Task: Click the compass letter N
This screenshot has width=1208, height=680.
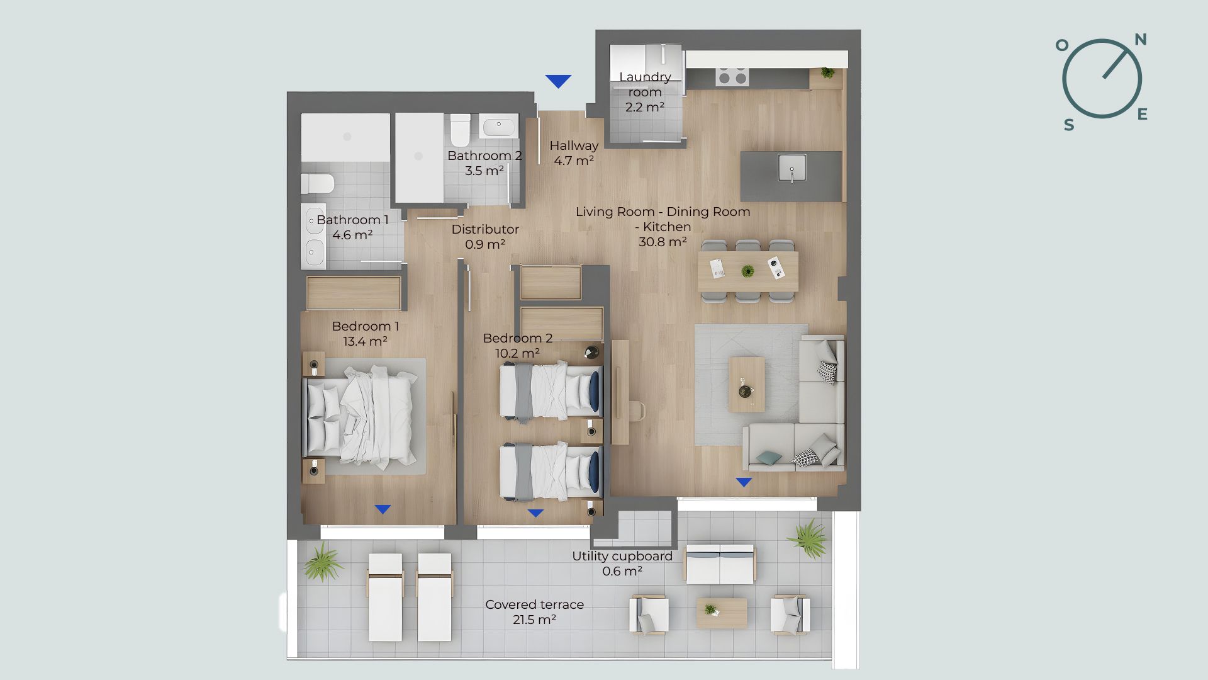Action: pyautogui.click(x=1141, y=40)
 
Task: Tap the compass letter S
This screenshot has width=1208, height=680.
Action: pyautogui.click(x=1069, y=125)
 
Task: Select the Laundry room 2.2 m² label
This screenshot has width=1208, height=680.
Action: pyautogui.click(x=645, y=92)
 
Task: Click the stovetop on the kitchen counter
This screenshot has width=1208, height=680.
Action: pyautogui.click(x=732, y=76)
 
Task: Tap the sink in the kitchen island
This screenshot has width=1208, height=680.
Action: pyautogui.click(x=791, y=168)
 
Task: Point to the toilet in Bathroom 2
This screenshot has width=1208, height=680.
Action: pyautogui.click(x=460, y=129)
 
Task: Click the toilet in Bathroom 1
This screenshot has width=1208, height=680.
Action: pyautogui.click(x=317, y=184)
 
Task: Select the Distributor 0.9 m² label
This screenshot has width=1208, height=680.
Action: pyautogui.click(x=485, y=237)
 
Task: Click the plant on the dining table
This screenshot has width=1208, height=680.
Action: pyautogui.click(x=747, y=271)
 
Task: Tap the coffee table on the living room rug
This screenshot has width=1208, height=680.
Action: pyautogui.click(x=747, y=385)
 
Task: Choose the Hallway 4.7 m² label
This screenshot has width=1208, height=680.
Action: pyautogui.click(x=574, y=153)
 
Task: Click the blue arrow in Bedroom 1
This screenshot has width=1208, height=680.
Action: pyautogui.click(x=383, y=509)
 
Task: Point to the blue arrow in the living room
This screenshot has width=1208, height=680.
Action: pyautogui.click(x=744, y=483)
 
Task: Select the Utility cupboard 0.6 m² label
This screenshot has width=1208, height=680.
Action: pyautogui.click(x=622, y=564)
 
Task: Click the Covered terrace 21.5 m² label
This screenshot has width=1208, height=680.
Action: pyautogui.click(x=535, y=612)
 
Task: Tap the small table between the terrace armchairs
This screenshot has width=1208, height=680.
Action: pyautogui.click(x=722, y=613)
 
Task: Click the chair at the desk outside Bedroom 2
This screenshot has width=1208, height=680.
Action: pyautogui.click(x=637, y=411)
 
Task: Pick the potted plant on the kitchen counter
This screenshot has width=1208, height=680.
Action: pyautogui.click(x=827, y=73)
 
